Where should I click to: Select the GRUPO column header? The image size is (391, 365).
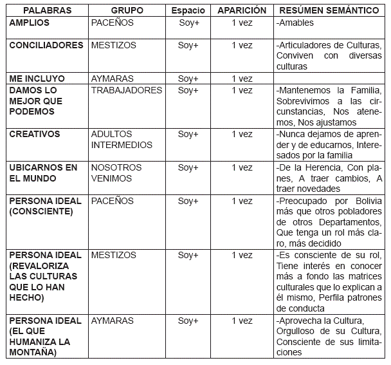click(x=127, y=11)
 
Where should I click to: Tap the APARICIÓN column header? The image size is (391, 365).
click(x=242, y=11)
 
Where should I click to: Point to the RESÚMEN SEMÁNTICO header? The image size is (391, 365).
click(x=328, y=11)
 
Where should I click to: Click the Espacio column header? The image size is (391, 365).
click(x=188, y=11)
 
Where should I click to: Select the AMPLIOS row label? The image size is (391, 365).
click(x=30, y=23)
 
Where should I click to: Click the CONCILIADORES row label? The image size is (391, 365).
click(x=46, y=46)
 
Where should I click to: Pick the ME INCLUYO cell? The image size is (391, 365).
click(x=37, y=79)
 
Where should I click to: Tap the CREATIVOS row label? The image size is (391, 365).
click(x=35, y=134)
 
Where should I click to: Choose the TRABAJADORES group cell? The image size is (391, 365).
click(x=127, y=90)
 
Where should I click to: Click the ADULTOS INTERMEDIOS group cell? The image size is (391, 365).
click(x=122, y=139)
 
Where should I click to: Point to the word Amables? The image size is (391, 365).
click(x=296, y=23)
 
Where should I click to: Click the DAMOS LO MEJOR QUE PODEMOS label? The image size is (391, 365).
click(x=37, y=101)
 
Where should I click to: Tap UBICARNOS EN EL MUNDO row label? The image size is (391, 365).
click(x=43, y=173)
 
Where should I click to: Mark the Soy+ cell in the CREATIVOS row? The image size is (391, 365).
click(x=188, y=134)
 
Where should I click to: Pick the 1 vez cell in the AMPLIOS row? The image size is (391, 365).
click(x=242, y=23)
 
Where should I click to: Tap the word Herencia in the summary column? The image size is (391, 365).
click(x=312, y=167)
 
